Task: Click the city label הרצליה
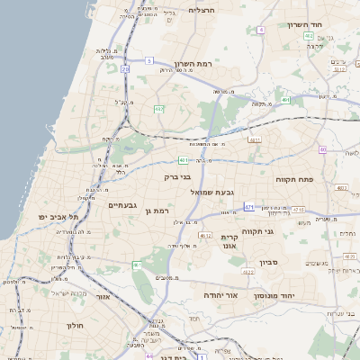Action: point(202,10)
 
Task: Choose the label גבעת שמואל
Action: point(212,193)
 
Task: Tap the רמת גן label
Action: point(156,210)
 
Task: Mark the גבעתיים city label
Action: point(122,205)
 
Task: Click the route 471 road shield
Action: point(249,207)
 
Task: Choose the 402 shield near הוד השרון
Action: point(309,36)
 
